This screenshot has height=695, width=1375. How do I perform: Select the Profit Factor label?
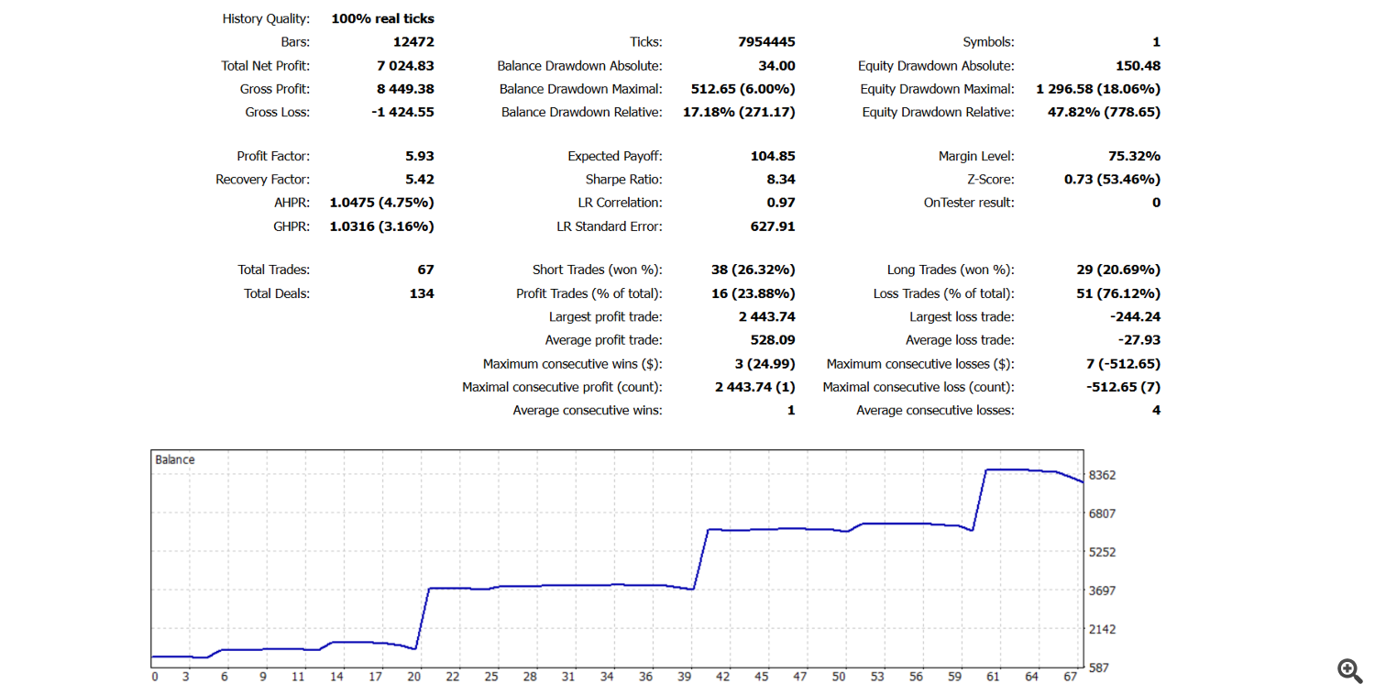[273, 157]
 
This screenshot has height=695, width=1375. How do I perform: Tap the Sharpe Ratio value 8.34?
[780, 180]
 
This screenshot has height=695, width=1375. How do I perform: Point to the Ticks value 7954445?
[766, 42]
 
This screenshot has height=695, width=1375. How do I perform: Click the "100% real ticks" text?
[382, 18]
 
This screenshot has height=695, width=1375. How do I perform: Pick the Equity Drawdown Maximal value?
[1098, 89]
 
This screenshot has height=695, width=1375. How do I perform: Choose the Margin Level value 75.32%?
[1134, 157]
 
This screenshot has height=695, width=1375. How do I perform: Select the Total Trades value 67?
[424, 270]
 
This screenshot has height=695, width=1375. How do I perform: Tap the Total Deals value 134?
[421, 293]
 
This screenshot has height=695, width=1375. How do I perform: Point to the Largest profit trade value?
[766, 317]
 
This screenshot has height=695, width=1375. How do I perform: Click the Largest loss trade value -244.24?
[1135, 317]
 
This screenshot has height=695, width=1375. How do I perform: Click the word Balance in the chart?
[175, 459]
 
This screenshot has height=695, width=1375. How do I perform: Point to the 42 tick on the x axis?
[723, 677]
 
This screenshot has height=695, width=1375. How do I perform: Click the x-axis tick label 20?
[413, 677]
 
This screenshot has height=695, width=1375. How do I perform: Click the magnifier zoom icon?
[1349, 671]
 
